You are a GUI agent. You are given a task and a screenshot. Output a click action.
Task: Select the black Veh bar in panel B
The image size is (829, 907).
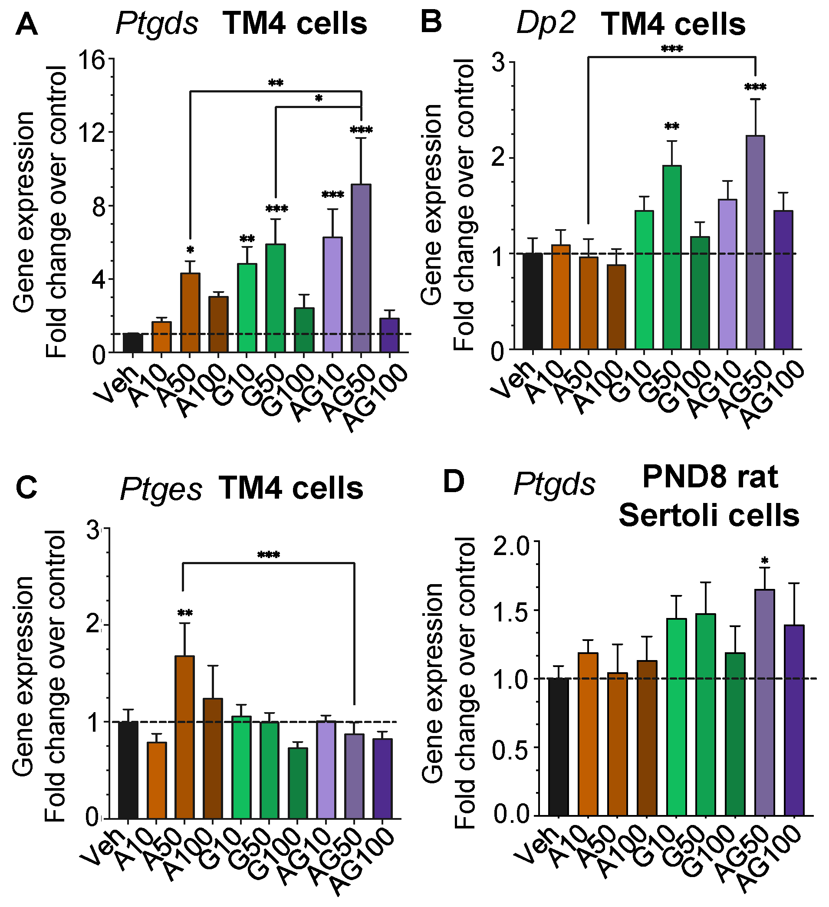533,301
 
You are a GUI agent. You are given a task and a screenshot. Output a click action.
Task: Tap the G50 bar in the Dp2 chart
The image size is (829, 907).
671,257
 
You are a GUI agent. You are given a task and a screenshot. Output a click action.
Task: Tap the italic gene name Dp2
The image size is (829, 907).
546,23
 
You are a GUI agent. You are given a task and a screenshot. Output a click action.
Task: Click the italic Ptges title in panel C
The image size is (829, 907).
161,490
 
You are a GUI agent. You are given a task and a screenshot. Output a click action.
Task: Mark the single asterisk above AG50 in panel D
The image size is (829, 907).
764,561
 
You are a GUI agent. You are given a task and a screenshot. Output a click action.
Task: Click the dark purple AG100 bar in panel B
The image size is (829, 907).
783,279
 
